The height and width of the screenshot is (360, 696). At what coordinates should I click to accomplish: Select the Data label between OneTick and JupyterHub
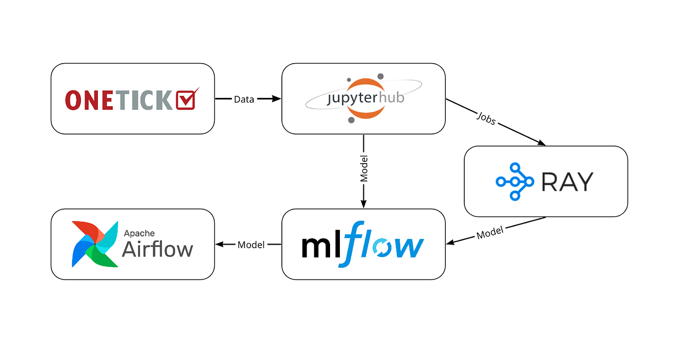[244, 99]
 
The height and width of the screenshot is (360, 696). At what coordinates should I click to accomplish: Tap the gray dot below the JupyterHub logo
[351, 120]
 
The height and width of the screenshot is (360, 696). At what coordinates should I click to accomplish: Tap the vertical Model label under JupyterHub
[364, 169]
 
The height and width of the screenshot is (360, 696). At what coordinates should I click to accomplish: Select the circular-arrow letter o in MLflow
[381, 248]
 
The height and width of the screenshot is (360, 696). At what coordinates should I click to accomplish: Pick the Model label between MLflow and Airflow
[251, 245]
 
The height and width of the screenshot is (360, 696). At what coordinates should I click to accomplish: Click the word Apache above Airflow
[139, 233]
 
